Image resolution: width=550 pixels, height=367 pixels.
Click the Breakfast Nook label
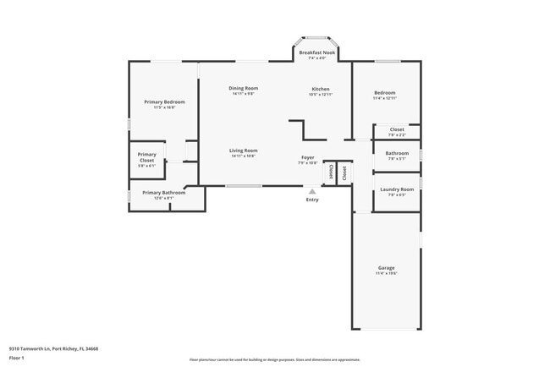pyautogui.click(x=317, y=52)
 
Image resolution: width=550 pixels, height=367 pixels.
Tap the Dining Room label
pyautogui.click(x=244, y=88)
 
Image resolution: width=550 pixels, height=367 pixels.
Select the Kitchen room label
pyautogui.click(x=321, y=89)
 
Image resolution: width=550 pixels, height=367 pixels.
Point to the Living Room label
pyautogui.click(x=244, y=151)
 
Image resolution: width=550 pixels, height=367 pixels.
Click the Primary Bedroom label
pyautogui.click(x=164, y=101)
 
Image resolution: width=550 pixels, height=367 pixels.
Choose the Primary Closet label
pyautogui.click(x=147, y=155)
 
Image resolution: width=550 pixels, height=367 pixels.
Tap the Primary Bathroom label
pyautogui.click(x=163, y=192)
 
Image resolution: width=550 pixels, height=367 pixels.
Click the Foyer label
pyautogui.click(x=308, y=157)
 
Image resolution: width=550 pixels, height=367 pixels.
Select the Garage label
pyautogui.click(x=386, y=268)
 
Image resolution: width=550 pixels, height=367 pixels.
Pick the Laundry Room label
pyautogui.click(x=397, y=189)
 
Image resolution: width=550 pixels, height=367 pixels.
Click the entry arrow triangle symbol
pyautogui.click(x=312, y=192)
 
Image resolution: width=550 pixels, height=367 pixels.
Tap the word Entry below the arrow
pyautogui.click(x=312, y=200)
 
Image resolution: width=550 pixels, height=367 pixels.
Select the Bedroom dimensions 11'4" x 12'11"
pyautogui.click(x=385, y=98)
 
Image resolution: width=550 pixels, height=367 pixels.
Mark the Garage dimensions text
pyautogui.click(x=386, y=273)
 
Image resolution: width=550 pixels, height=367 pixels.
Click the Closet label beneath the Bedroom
pyautogui.click(x=397, y=129)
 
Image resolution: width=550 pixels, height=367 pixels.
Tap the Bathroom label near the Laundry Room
pyautogui.click(x=397, y=153)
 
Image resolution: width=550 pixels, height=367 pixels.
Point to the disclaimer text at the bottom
pyautogui.click(x=275, y=359)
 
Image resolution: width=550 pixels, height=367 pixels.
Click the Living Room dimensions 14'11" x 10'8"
pyautogui.click(x=244, y=156)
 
